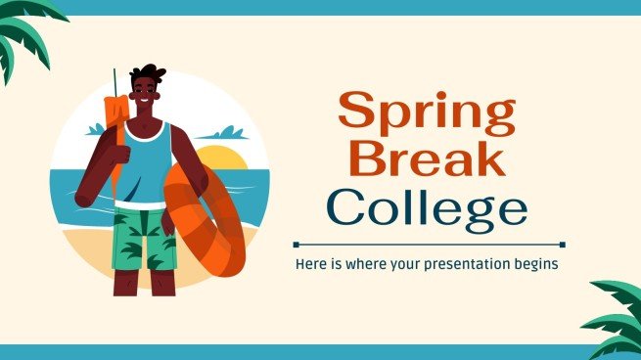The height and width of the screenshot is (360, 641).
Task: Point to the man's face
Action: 148,96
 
